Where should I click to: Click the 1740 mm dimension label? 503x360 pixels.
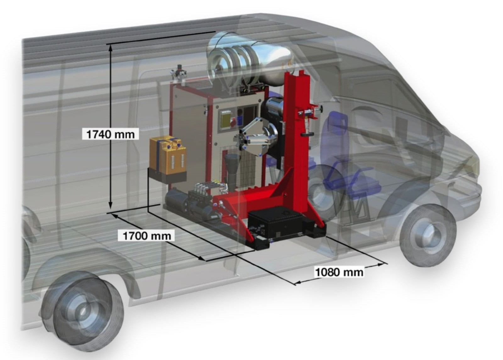110,135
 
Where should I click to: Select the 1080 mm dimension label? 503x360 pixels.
339,272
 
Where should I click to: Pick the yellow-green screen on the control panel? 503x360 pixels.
227,119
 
